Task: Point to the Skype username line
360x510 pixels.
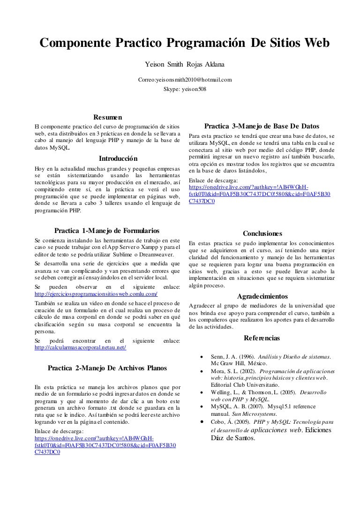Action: pyautogui.click(x=185, y=89)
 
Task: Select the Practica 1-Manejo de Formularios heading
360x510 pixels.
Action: pyautogui.click(x=107, y=231)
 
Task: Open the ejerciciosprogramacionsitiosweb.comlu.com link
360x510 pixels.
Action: pyautogui.click(x=97, y=294)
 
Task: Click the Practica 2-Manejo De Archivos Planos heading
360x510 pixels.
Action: pyautogui.click(x=107, y=368)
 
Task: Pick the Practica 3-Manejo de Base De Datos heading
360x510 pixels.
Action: pyautogui.click(x=262, y=126)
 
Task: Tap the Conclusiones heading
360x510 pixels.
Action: pyautogui.click(x=262, y=233)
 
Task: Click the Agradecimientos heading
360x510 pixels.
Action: pyautogui.click(x=262, y=296)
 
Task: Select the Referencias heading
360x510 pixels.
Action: pyautogui.click(x=262, y=337)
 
